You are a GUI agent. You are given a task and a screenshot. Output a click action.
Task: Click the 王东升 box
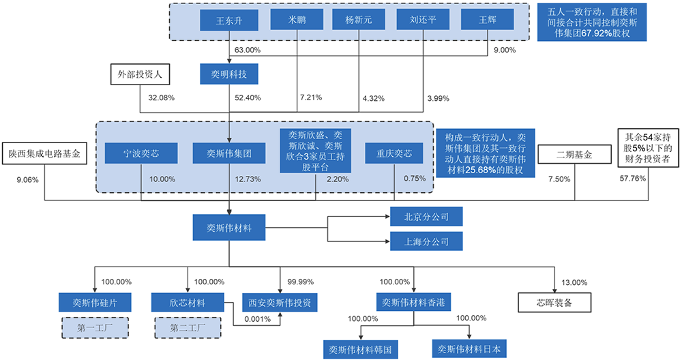(x=229, y=21)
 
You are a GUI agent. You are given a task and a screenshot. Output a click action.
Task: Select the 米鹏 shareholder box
(x=297, y=21)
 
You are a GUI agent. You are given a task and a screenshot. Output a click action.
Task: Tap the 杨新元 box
(x=359, y=21)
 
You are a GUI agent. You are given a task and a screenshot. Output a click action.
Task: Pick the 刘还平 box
(x=422, y=21)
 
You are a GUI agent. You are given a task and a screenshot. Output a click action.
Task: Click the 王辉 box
(x=488, y=21)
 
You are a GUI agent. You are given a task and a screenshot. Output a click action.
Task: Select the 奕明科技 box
(x=229, y=74)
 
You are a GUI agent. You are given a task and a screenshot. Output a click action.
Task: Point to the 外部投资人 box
(x=140, y=74)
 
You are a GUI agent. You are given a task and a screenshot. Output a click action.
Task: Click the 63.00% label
(x=248, y=50)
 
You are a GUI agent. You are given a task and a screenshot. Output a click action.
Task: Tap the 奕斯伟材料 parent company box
(x=229, y=228)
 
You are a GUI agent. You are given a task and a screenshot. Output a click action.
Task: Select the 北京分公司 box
(x=426, y=217)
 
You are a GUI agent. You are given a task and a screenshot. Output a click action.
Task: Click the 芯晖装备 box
(x=554, y=302)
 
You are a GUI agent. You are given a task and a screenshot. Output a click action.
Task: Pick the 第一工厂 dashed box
(x=92, y=327)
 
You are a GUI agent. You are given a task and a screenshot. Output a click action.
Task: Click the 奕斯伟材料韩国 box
(x=359, y=349)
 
